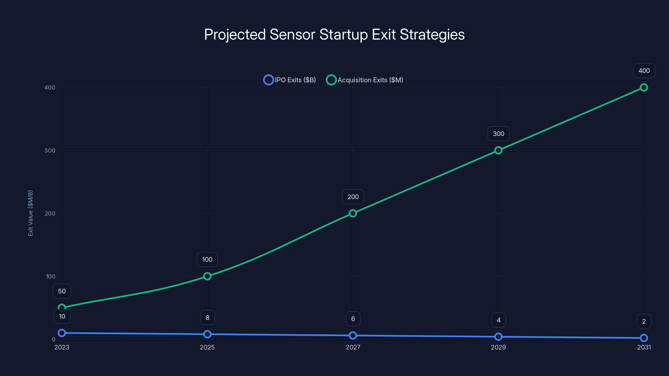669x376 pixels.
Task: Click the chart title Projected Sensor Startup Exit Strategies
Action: point(334,34)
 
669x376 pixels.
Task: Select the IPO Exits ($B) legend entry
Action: point(290,80)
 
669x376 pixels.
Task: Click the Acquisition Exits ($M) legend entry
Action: point(365,80)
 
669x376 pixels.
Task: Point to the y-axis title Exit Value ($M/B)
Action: point(30,213)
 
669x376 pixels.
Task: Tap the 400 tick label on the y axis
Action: point(50,88)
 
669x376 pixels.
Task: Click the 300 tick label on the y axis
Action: point(50,150)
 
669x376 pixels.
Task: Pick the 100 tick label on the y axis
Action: point(51,276)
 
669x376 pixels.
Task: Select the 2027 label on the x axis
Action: point(353,347)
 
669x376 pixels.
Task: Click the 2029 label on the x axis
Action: point(498,347)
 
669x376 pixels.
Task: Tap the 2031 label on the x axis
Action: point(644,347)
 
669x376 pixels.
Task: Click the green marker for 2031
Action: point(643,88)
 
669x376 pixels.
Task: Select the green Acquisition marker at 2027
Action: point(353,213)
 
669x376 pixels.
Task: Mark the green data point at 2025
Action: point(207,276)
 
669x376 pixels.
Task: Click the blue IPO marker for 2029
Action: point(498,337)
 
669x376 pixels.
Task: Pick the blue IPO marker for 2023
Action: point(62,333)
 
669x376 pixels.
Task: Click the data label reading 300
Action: point(498,134)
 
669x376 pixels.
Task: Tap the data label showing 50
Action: point(62,291)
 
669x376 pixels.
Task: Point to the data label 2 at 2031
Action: point(644,321)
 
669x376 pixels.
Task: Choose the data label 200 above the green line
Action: point(353,197)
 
